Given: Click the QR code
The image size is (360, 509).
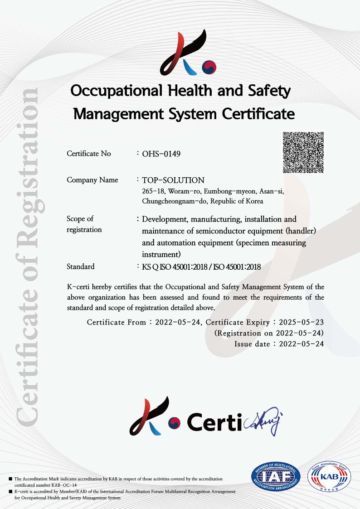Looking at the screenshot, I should (303, 152).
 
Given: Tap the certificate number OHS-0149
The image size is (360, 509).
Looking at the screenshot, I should (161, 154).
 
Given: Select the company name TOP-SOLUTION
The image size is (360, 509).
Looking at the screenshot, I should (173, 180).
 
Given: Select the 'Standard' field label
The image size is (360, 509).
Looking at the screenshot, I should (80, 267).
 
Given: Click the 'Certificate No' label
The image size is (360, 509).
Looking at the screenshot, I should (88, 154).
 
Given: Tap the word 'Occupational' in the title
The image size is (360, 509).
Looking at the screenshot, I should (117, 91).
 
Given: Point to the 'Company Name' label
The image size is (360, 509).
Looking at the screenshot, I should (92, 180).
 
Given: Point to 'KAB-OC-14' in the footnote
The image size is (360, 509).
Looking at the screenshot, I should (64, 485).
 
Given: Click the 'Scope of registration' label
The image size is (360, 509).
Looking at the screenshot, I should (84, 224).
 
